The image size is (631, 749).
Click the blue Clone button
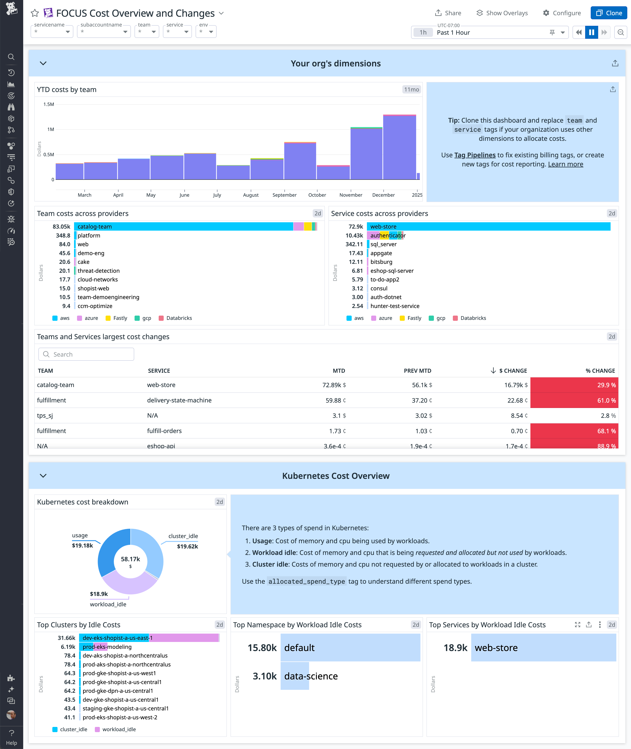click(609, 13)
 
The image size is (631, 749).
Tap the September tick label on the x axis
click(284, 195)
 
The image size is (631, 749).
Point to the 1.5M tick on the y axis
click(49, 104)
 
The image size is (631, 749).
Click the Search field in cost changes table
click(86, 354)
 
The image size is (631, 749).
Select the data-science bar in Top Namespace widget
click(295, 676)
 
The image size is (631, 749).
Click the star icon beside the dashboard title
click(35, 13)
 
